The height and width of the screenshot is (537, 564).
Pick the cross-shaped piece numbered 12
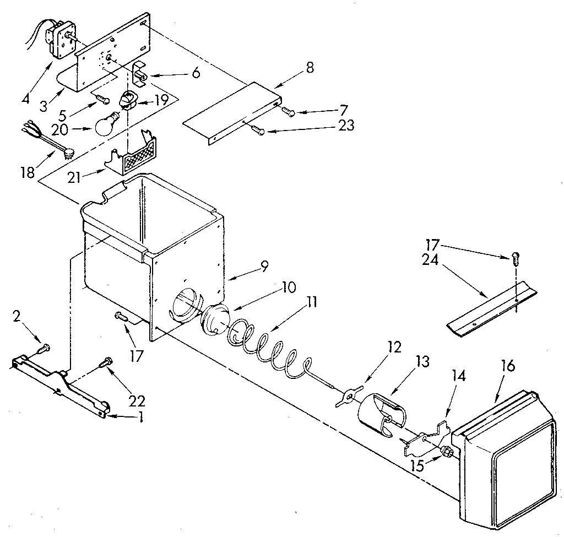click(346, 398)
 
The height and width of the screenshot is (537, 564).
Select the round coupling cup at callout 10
click(214, 319)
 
